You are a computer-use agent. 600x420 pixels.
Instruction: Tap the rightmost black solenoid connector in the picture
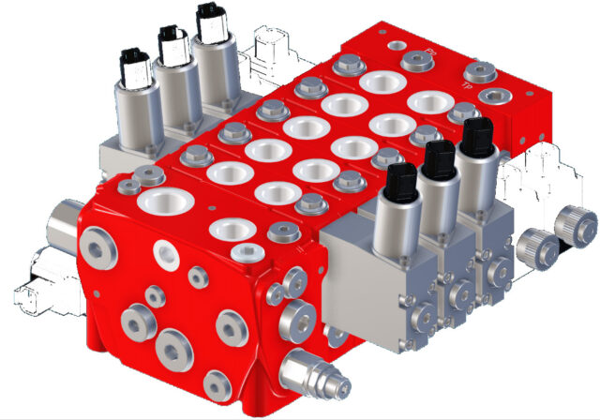[477, 138]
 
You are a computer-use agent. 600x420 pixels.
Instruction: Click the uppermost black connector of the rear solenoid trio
[212, 21]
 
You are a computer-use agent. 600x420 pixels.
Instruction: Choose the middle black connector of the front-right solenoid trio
[436, 161]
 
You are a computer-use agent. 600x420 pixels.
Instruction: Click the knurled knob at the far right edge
[575, 223]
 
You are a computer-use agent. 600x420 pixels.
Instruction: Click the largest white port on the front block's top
[155, 199]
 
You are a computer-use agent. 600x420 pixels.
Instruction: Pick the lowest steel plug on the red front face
[217, 382]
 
